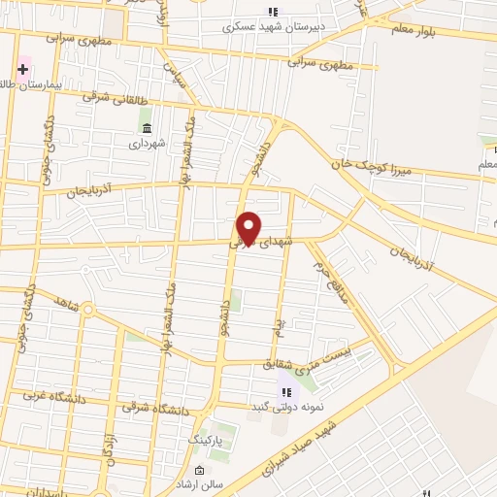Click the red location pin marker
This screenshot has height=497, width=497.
click(x=248, y=227)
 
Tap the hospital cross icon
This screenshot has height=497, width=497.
click(x=22, y=70)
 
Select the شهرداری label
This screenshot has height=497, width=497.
click(x=148, y=143)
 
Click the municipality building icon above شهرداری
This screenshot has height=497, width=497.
click(x=147, y=128)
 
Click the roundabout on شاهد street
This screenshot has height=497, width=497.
click(x=87, y=311)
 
